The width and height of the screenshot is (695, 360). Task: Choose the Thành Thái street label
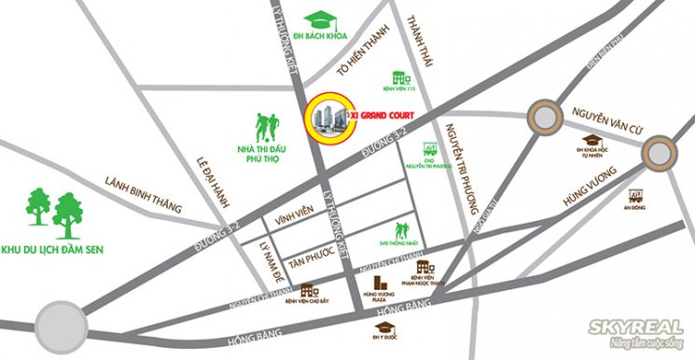(416, 41)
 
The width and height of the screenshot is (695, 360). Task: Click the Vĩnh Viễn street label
(292, 221)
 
